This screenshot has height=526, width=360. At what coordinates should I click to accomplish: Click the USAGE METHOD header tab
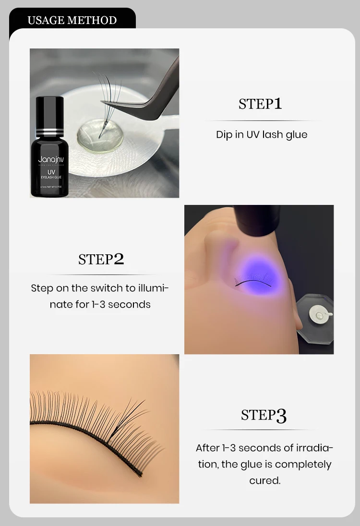[x=72, y=20]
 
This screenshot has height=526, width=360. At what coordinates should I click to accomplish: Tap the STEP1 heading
[x=260, y=104]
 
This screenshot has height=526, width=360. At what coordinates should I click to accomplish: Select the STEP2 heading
[x=101, y=259]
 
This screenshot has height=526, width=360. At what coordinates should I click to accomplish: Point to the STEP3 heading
[x=264, y=415]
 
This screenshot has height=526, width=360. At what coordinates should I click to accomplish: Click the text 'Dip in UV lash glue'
[x=262, y=134]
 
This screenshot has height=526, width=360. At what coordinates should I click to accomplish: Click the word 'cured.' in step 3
[x=264, y=480]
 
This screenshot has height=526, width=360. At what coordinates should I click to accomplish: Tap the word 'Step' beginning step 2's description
[x=42, y=288]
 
